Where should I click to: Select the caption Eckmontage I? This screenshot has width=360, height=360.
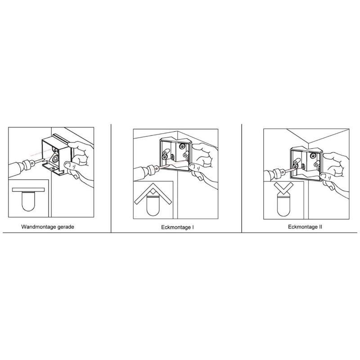click(177, 227)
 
